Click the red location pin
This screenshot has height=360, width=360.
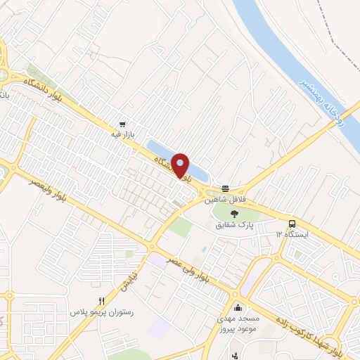181,165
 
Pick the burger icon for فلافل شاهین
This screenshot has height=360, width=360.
225,188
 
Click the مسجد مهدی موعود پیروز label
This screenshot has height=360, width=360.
238,323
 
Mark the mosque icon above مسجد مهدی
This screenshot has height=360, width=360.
238,307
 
